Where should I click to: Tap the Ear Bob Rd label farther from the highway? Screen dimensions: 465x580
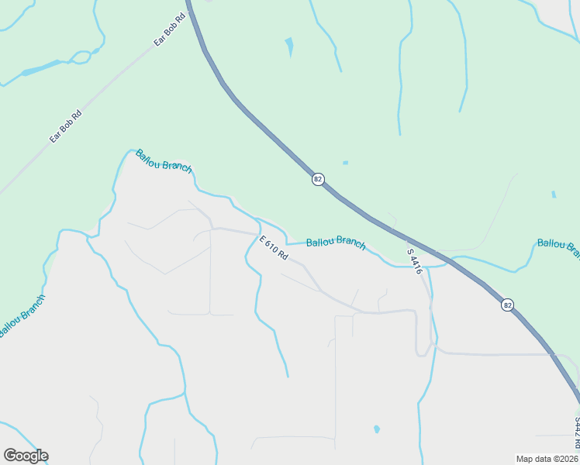(66, 126)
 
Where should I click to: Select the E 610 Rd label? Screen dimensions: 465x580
(274, 247)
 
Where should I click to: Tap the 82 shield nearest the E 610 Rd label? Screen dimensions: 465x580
(318, 179)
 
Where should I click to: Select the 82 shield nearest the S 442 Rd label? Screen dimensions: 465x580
(507, 305)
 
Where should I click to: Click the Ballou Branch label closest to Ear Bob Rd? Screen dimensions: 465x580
(163, 160)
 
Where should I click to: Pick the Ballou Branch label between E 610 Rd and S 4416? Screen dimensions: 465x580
(336, 243)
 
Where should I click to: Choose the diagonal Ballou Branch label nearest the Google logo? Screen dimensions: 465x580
(22, 315)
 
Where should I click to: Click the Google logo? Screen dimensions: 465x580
(26, 456)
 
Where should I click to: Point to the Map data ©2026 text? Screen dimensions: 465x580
(547, 459)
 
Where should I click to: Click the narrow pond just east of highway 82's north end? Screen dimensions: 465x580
(290, 47)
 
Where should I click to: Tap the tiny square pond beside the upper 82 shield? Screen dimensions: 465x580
(345, 163)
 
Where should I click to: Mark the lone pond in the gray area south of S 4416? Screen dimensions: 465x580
(376, 429)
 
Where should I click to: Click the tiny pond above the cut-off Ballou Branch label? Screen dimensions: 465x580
(553, 194)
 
